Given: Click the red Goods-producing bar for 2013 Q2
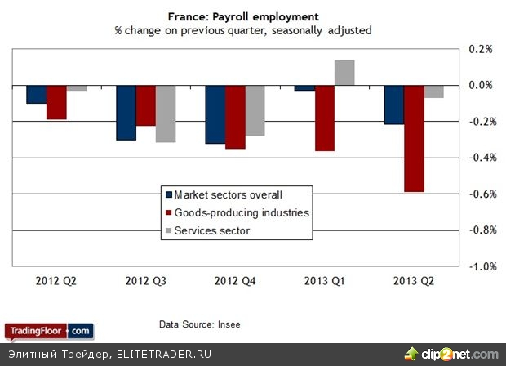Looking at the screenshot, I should [x=413, y=138].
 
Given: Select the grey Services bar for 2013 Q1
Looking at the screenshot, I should [x=344, y=73].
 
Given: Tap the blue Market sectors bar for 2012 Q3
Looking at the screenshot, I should [x=126, y=113].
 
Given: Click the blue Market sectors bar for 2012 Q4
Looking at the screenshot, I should [x=215, y=114].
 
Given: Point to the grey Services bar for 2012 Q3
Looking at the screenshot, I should [x=166, y=114].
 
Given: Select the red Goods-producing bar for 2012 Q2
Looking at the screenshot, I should [x=56, y=102].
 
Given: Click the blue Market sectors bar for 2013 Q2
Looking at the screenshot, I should [x=393, y=105].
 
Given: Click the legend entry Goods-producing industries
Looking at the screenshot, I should [x=236, y=212].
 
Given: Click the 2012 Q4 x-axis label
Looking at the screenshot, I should [x=235, y=281].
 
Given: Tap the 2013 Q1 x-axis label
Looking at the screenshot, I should [x=324, y=281].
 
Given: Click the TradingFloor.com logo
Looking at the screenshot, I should [x=50, y=331].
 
